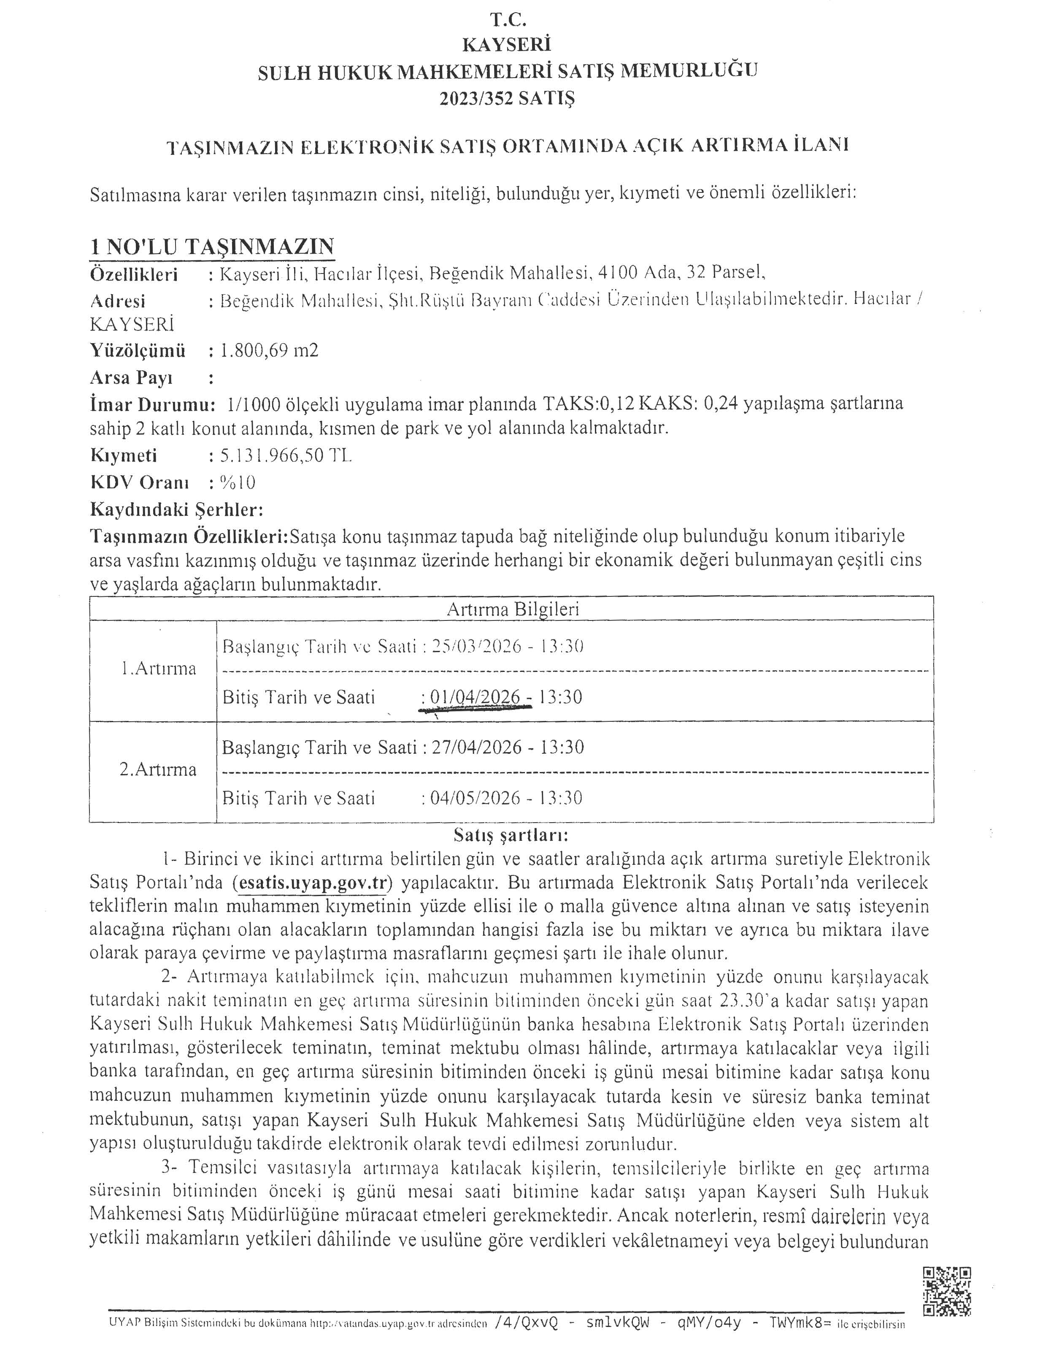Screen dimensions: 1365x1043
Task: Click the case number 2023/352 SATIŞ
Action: click(507, 98)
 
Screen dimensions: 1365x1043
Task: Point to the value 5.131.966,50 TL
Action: click(286, 456)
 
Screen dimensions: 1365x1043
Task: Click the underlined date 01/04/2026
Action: click(475, 697)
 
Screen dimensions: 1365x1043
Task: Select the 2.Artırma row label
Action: click(158, 770)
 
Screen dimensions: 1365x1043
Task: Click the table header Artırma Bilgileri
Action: click(512, 609)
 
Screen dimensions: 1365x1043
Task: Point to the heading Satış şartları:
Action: click(511, 834)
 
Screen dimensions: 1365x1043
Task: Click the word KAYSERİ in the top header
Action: click(507, 45)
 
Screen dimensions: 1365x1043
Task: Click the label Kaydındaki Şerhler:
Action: click(177, 510)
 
